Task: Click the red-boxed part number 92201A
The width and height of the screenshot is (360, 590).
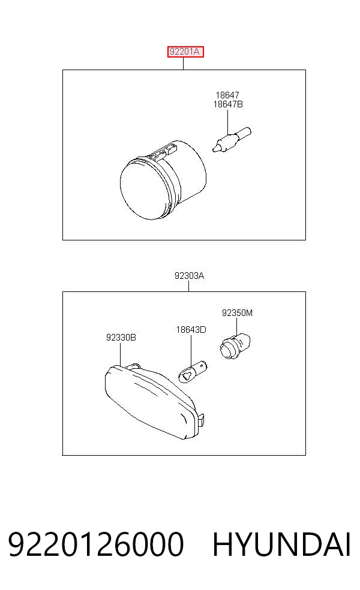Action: [185, 52]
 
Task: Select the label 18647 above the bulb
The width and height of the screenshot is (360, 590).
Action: [227, 95]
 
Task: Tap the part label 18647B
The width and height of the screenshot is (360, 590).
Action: [228, 104]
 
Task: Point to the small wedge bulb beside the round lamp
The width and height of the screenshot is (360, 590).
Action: [231, 140]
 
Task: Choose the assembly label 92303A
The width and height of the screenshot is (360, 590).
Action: [189, 276]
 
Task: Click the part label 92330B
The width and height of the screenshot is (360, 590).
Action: [121, 338]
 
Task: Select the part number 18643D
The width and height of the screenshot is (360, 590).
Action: [191, 330]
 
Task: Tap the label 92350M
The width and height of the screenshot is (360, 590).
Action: [237, 312]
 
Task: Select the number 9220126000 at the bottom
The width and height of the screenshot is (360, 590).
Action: [96, 544]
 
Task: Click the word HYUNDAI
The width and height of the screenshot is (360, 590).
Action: [281, 544]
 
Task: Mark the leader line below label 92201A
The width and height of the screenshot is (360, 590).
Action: [184, 63]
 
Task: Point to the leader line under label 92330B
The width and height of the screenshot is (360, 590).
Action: [120, 353]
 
